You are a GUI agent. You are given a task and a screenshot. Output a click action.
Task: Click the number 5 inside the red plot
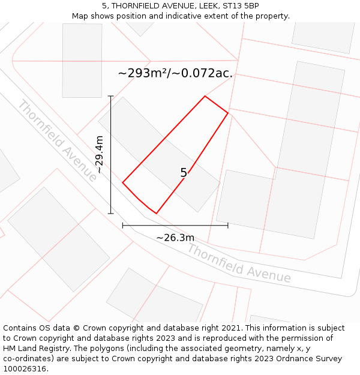point(184,173)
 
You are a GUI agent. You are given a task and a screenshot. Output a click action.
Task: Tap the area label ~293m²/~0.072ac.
point(175,74)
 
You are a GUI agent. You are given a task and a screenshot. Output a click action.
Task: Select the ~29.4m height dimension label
point(100,155)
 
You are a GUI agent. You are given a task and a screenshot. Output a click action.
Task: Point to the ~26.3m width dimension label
point(175,238)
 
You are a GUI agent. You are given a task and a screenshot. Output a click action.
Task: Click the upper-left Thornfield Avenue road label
point(57,141)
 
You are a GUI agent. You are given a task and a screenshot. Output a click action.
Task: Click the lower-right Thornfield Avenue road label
point(239,263)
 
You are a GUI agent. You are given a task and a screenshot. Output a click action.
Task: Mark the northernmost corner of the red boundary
point(205,96)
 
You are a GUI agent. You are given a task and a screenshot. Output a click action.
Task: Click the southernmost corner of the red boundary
point(156,213)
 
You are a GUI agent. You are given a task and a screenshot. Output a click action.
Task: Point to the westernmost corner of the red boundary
point(123,182)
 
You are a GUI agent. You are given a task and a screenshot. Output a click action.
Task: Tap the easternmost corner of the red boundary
point(228,113)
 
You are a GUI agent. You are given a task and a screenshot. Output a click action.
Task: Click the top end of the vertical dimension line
point(110,96)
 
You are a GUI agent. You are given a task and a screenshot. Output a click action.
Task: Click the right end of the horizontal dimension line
point(228,226)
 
